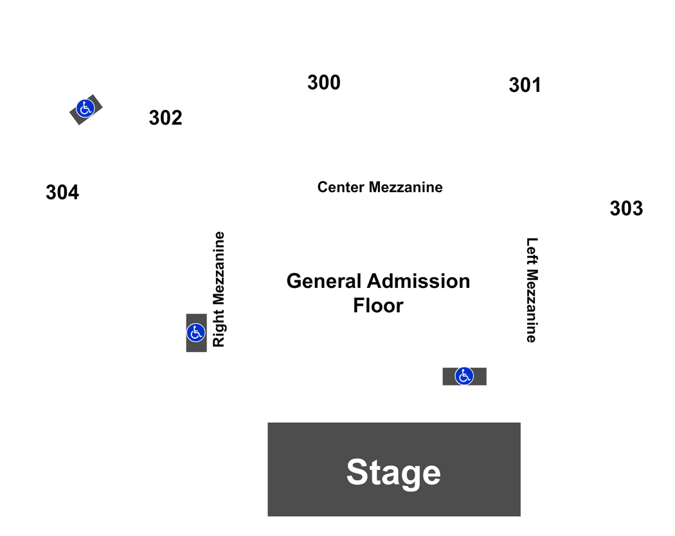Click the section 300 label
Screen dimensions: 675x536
tap(324, 82)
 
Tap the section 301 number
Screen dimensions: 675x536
tap(525, 85)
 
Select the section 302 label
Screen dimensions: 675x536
tap(166, 118)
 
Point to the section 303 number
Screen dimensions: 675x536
tap(626, 208)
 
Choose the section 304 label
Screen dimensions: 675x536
tap(62, 192)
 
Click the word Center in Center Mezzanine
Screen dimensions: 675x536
tap(341, 187)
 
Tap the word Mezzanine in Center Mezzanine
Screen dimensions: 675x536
tap(406, 187)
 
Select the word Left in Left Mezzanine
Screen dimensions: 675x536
tap(532, 251)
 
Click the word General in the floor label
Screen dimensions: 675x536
tap(324, 281)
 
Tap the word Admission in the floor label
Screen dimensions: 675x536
tap(419, 281)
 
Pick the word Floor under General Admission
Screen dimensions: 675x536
tap(379, 306)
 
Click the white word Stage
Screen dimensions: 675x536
tap(393, 473)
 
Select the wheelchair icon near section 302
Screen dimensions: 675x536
tap(85, 108)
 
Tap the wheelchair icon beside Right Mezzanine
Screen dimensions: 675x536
tap(196, 333)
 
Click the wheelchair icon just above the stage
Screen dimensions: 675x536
tap(464, 376)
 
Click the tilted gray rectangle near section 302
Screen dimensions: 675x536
tap(86, 110)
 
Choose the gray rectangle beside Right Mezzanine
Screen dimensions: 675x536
tap(196, 333)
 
